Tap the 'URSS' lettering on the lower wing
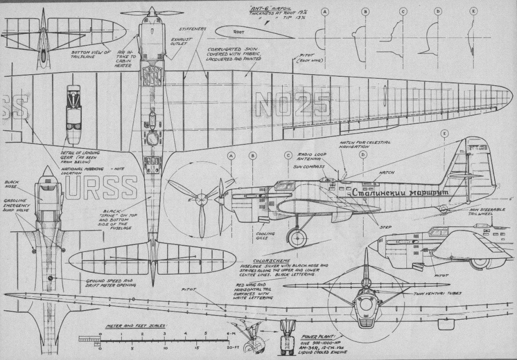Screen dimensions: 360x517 coord(101,187)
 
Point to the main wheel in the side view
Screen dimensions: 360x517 coord(297,237)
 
